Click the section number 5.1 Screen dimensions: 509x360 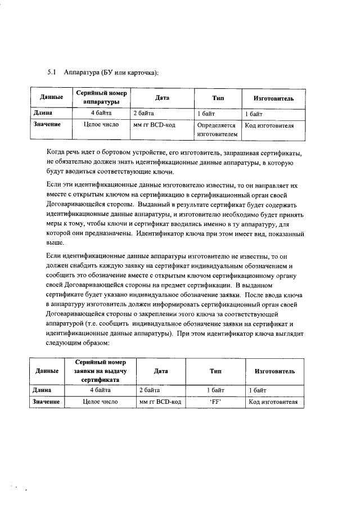(51, 73)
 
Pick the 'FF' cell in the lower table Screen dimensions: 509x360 (214, 402)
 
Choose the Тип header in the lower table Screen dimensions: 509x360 (215, 371)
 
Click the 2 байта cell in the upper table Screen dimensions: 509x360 (144, 114)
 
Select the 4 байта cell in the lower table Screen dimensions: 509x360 (100, 389)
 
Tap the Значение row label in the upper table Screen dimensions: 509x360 (47, 125)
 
